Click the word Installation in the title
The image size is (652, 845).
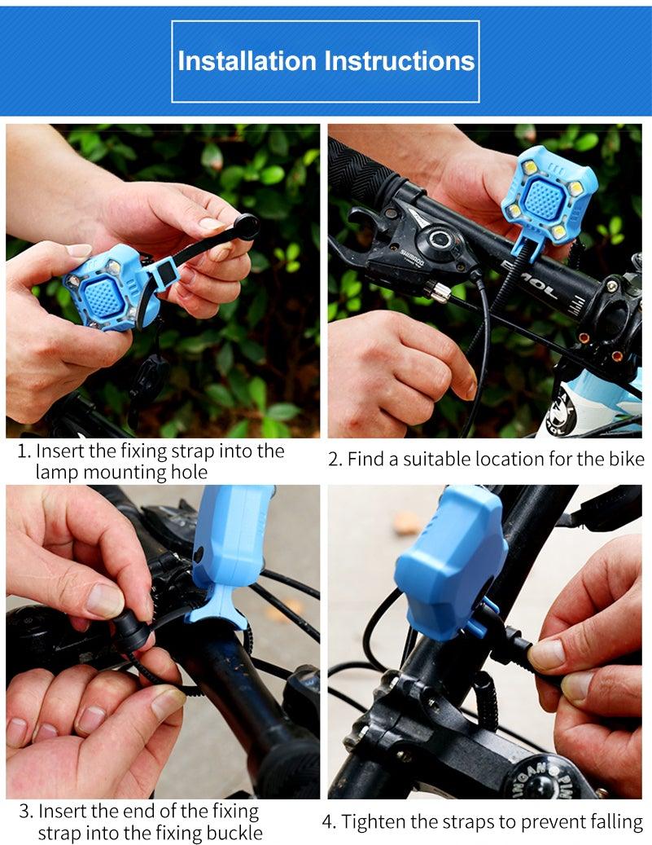coord(247,61)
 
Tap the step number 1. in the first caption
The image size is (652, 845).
coord(24,451)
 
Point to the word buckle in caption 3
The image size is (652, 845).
coord(234,833)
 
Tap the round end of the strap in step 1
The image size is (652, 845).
coord(245,226)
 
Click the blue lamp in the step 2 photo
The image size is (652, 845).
coord(548,196)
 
